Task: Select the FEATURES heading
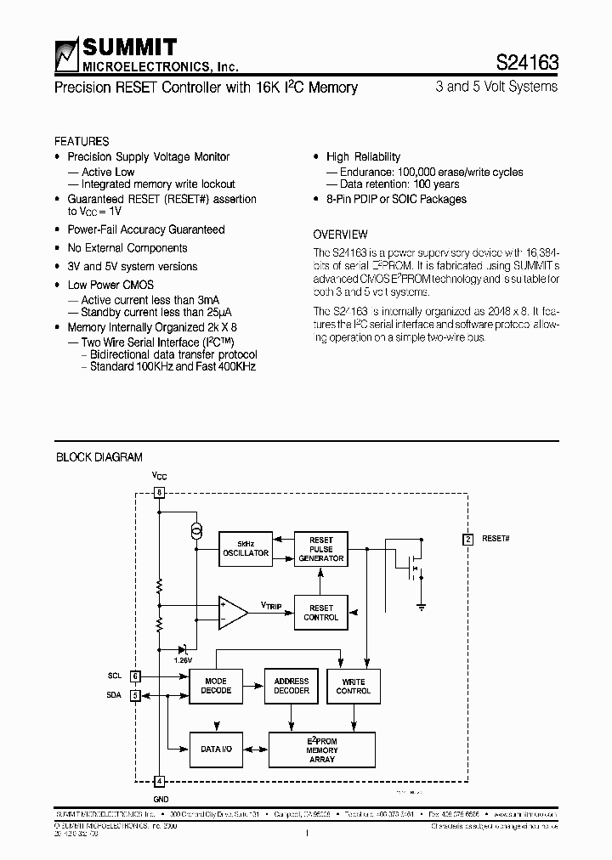pos(82,141)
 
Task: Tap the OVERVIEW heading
pos(340,235)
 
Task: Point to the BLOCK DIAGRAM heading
pos(99,457)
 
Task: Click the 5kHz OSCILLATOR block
pos(245,548)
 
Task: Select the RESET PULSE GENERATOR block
pos(321,549)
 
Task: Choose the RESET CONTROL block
pos(321,613)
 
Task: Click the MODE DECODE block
pos(216,686)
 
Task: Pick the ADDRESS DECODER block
pos(292,686)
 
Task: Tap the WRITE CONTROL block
pos(354,686)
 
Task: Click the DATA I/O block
pos(216,749)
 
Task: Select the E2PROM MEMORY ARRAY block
pos(321,750)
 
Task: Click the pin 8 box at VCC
pos(159,493)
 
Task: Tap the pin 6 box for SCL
pos(135,676)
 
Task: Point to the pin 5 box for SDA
pos(135,695)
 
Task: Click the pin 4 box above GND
pos(159,781)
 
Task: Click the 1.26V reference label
pos(184,659)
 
